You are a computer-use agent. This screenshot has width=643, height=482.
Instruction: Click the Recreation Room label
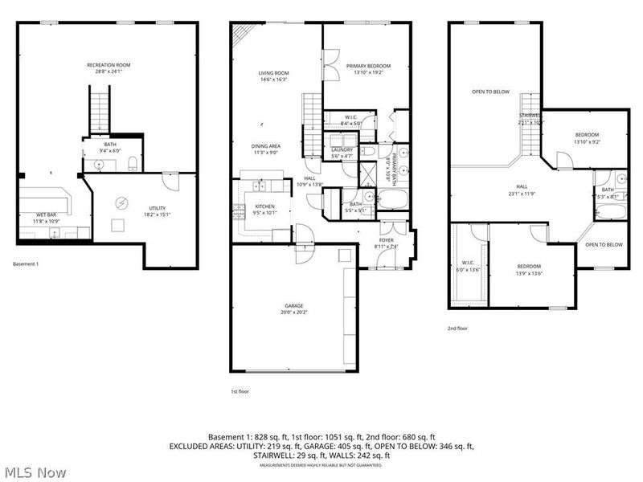pos(109,65)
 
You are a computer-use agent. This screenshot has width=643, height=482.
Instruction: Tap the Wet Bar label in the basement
pos(45,215)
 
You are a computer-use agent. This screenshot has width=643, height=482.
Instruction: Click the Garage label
pos(293,306)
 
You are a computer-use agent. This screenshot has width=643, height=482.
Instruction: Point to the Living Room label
pos(273,73)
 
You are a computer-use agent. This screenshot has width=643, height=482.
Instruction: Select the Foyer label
pos(387,240)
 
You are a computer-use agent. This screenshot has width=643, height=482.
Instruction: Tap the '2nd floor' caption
pos(458,328)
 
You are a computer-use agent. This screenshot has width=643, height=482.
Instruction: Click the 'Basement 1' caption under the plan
pos(27,263)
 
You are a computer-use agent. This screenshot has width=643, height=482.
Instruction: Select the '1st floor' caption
pos(240,391)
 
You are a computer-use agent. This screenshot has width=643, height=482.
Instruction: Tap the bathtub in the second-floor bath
pos(609,211)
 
